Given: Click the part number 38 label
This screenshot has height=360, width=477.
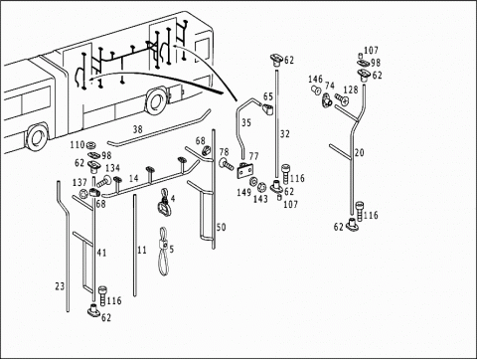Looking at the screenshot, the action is click(138, 129).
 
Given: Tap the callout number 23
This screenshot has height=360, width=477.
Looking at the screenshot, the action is click(60, 286).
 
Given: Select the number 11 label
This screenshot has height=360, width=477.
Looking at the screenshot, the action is click(142, 250).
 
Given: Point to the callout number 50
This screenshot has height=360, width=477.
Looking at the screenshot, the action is click(221, 228).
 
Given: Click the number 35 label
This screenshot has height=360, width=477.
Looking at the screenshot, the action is click(246, 123).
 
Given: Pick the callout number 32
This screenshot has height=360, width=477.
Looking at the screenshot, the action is click(285, 134).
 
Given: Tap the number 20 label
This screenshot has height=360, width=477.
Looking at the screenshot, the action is click(360, 153).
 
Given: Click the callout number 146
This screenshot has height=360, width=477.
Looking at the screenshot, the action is click(315, 80).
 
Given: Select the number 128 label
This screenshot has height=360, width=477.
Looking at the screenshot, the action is click(351, 90).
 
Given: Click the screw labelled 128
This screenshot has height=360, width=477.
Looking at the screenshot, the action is click(341, 99).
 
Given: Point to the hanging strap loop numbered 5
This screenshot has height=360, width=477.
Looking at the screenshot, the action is click(163, 252).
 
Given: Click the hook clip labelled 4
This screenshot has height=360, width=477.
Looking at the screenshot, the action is click(164, 202).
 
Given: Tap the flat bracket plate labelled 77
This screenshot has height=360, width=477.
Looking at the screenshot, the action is click(245, 171).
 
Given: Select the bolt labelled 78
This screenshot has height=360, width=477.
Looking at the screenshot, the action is click(226, 164).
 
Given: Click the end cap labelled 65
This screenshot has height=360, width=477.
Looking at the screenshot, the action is click(267, 108).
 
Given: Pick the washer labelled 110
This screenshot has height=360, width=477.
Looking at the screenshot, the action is click(89, 145).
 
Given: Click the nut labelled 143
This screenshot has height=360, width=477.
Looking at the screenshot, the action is click(262, 187).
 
